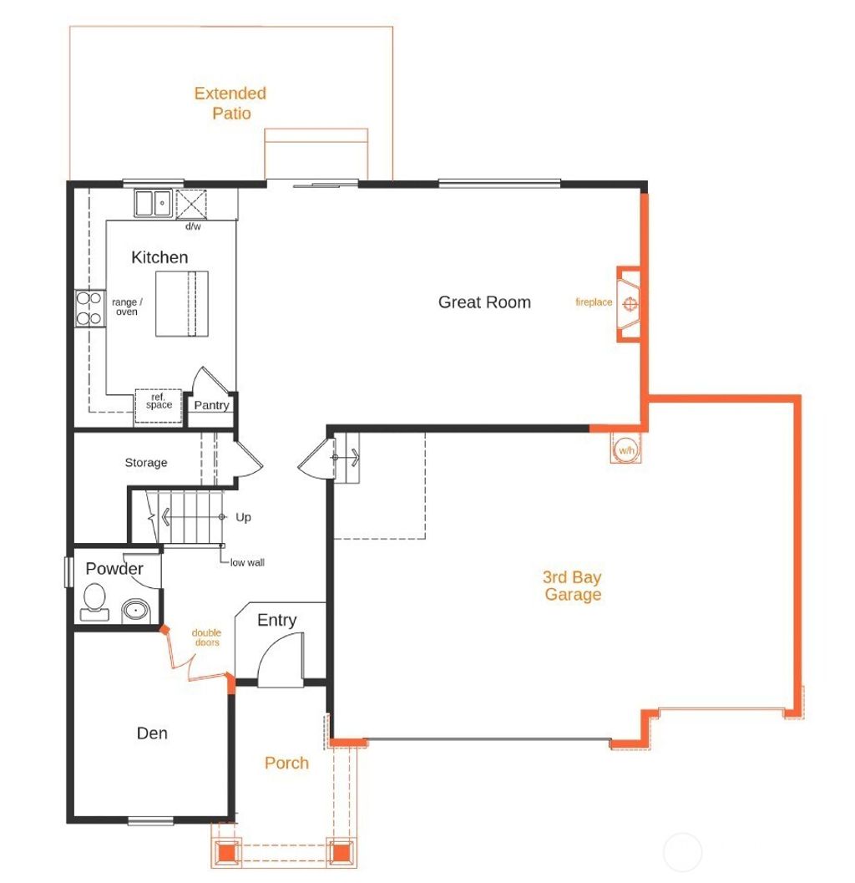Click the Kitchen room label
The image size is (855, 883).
159,257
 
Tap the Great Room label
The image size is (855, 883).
484,302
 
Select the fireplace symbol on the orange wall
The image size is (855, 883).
631,303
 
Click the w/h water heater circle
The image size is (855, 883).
625,450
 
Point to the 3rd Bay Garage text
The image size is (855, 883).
573,586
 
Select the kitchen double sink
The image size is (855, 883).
153,202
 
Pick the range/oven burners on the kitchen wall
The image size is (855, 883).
87,307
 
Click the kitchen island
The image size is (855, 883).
181,303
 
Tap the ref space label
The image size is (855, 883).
159,401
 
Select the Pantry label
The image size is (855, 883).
211,405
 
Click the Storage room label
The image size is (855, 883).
146,463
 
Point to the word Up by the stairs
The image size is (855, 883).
243,518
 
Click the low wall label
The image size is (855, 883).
247,563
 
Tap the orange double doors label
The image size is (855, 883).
206,637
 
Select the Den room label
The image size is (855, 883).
152,733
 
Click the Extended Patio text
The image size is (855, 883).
230,103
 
